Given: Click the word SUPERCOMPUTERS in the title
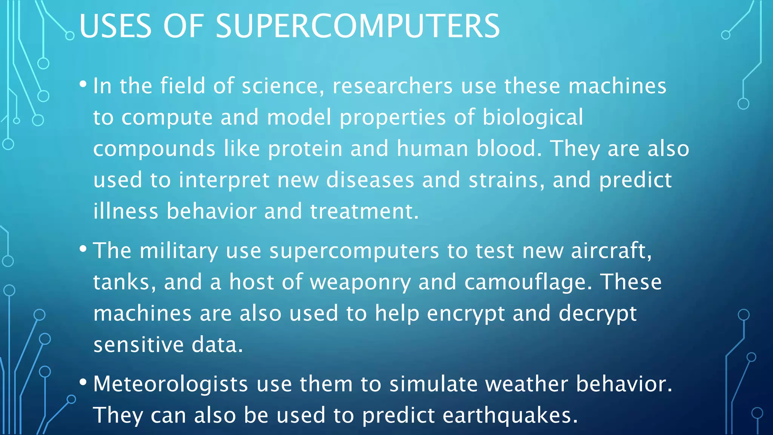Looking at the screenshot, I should click(x=357, y=26).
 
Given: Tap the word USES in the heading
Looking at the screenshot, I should click(x=115, y=26).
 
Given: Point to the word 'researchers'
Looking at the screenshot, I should click(x=392, y=86).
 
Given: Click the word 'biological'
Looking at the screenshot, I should click(x=533, y=117).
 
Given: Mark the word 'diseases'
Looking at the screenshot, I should click(x=370, y=180).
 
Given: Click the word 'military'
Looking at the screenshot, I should click(x=179, y=251).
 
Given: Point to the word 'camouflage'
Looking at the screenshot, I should click(x=525, y=282).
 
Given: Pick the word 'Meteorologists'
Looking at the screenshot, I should click(x=171, y=384).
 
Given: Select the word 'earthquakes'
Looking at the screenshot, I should click(x=507, y=415).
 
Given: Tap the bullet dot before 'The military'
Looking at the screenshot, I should click(x=83, y=249).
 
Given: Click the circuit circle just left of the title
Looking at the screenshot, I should click(x=70, y=36).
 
